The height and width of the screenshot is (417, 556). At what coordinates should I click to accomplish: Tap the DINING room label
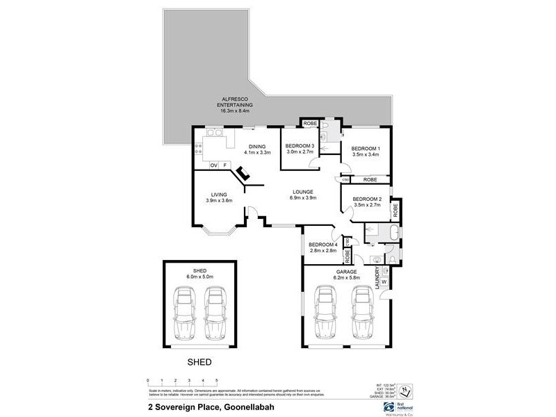click(257, 146)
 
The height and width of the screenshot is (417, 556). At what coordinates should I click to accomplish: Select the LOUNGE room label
click(302, 191)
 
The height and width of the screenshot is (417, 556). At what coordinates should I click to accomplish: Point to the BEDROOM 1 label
click(365, 149)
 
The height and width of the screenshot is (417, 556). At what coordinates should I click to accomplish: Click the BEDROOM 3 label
click(300, 145)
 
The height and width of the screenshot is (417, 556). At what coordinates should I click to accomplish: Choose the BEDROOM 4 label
click(322, 244)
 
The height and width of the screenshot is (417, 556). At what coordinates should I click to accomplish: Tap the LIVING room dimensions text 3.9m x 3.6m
click(219, 200)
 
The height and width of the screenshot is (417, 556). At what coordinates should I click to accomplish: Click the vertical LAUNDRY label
click(378, 278)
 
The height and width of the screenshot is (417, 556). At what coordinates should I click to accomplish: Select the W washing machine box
click(384, 281)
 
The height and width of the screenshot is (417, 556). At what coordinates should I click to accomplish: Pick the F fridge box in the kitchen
click(225, 165)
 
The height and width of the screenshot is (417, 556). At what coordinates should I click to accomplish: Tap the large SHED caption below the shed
click(200, 362)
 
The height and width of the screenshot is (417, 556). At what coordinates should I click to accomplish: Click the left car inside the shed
click(184, 311)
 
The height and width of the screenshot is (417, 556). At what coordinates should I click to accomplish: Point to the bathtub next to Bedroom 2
click(394, 232)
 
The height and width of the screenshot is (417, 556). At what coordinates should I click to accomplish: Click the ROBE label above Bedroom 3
click(310, 124)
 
